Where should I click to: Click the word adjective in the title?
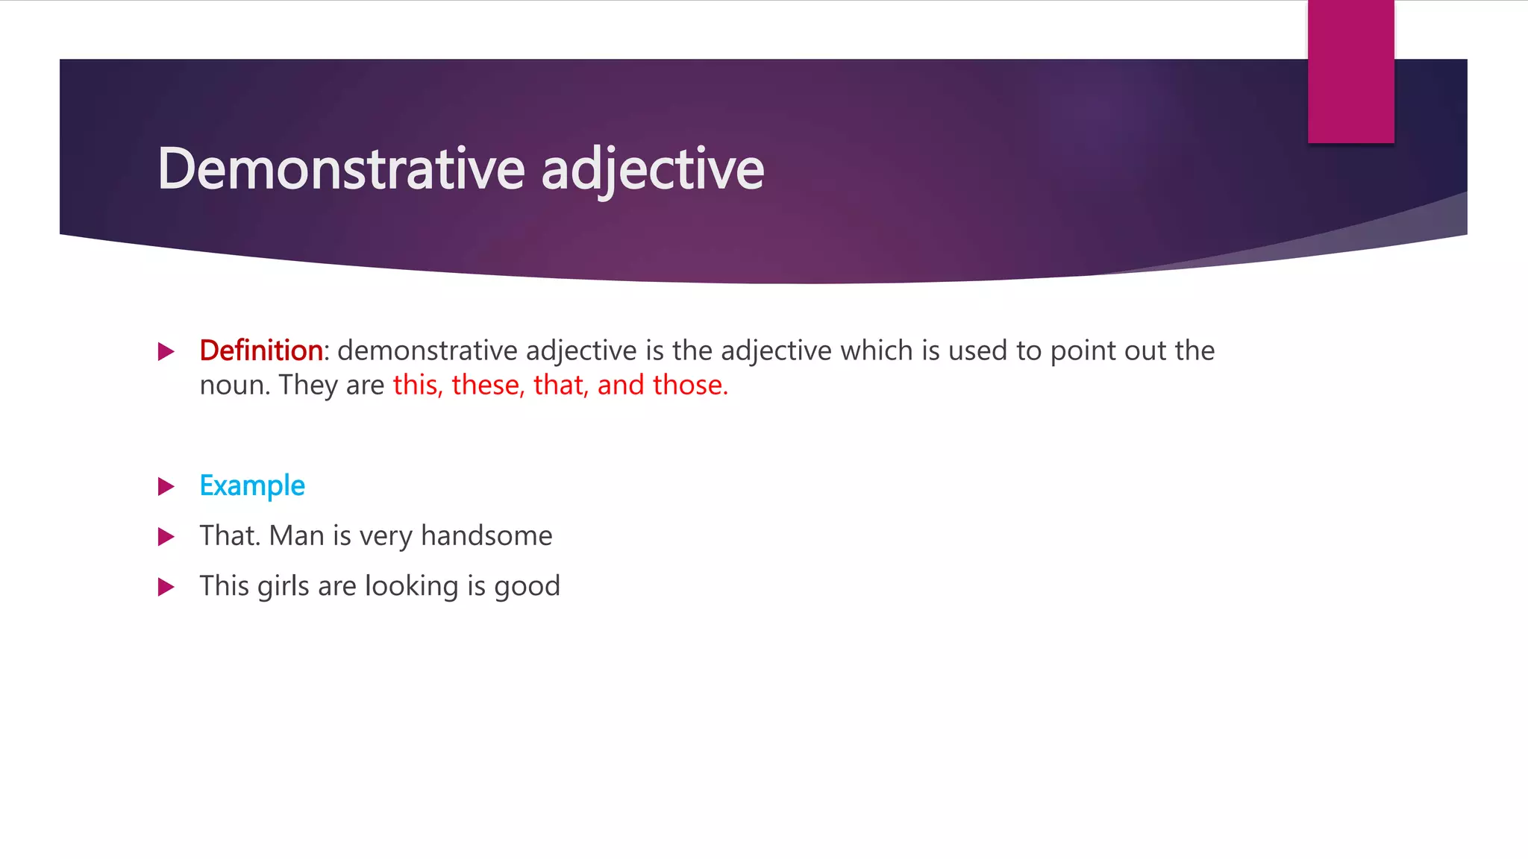pyautogui.click(x=652, y=169)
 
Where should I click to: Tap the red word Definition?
pyautogui.click(x=260, y=350)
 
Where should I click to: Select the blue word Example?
pyautogui.click(x=252, y=486)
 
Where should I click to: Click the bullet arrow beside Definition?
pyautogui.click(x=166, y=351)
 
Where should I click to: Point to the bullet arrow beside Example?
pyautogui.click(x=166, y=487)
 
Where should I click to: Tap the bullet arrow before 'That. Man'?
pyautogui.click(x=166, y=537)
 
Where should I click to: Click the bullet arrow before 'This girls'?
pyautogui.click(x=166, y=587)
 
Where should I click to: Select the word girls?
pyautogui.click(x=283, y=587)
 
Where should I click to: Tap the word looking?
pyautogui.click(x=411, y=587)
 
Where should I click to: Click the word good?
pyautogui.click(x=527, y=587)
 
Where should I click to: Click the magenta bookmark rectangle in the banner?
pyautogui.click(x=1350, y=72)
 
